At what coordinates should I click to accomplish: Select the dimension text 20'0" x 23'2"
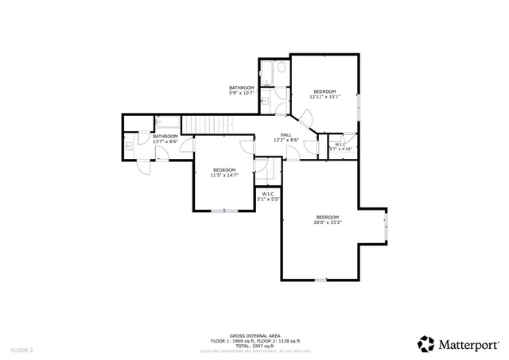pos(327,223)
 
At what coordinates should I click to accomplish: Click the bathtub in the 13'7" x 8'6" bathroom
pos(168,122)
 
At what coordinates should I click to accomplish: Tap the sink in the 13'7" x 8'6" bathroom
pos(128,146)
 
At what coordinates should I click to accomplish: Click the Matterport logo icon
pos(426,343)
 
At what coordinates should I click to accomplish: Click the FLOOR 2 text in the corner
pos(22,349)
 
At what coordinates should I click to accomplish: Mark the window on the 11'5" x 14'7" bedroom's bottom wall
pos(223,211)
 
